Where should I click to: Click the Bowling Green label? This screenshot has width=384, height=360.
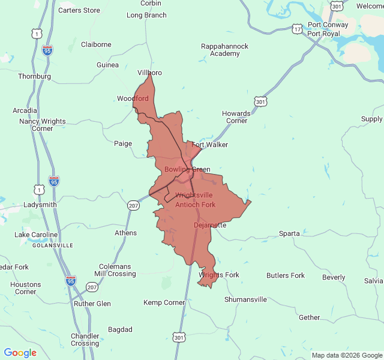click(187, 169)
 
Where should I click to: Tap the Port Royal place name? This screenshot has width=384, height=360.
click(324, 34)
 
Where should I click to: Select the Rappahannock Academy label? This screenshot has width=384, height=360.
click(224, 50)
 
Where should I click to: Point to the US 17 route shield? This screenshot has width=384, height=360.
click(298, 29)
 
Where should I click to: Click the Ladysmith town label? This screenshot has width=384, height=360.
click(40, 205)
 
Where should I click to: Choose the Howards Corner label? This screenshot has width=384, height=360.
click(236, 117)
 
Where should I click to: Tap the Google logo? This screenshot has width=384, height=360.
click(20, 353)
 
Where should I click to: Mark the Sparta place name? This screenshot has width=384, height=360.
click(290, 233)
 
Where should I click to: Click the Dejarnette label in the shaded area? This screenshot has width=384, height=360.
click(210, 225)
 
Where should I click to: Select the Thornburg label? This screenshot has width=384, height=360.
click(34, 76)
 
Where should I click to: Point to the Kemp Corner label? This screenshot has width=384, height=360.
click(164, 302)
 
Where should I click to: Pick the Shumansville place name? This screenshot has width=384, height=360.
click(245, 299)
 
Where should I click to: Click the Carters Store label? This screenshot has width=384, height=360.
click(79, 10)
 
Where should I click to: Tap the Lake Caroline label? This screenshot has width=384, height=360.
click(37, 235)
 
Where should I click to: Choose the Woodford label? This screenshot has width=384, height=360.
click(133, 98)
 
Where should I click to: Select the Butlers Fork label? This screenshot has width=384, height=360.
click(286, 276)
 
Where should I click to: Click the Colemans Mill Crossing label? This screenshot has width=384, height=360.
click(115, 270)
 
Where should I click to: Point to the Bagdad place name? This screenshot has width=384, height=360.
click(120, 329)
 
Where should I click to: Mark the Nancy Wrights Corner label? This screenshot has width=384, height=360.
click(43, 125)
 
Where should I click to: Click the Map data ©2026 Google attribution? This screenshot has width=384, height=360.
click(346, 355)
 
